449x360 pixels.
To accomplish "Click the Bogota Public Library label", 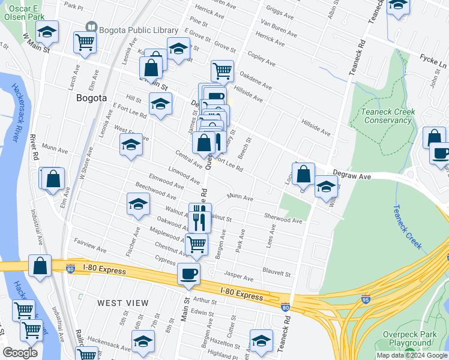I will coord(138,30).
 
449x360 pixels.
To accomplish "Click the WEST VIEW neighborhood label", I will coord(122,303).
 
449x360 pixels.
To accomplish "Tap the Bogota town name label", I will coord(92,97).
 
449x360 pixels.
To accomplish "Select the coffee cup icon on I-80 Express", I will coord(189,274).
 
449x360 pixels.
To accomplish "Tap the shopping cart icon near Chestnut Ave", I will coord(196,244).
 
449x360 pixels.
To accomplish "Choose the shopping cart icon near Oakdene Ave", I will coord(222,70).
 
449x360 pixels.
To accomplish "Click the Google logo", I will coord(20,353).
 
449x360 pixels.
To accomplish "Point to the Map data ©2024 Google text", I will coord(411,355).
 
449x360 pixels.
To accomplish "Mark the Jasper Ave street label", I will coord(238,277).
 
